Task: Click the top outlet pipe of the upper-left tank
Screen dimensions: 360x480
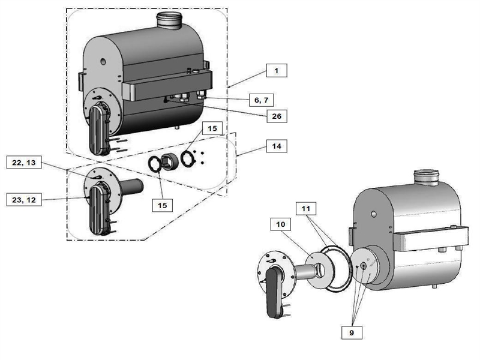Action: coord(169,20)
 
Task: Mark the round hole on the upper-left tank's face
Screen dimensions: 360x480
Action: coord(103,62)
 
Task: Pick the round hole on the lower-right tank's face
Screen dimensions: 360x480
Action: coord(373,213)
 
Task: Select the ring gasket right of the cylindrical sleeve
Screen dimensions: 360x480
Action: coord(188,159)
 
